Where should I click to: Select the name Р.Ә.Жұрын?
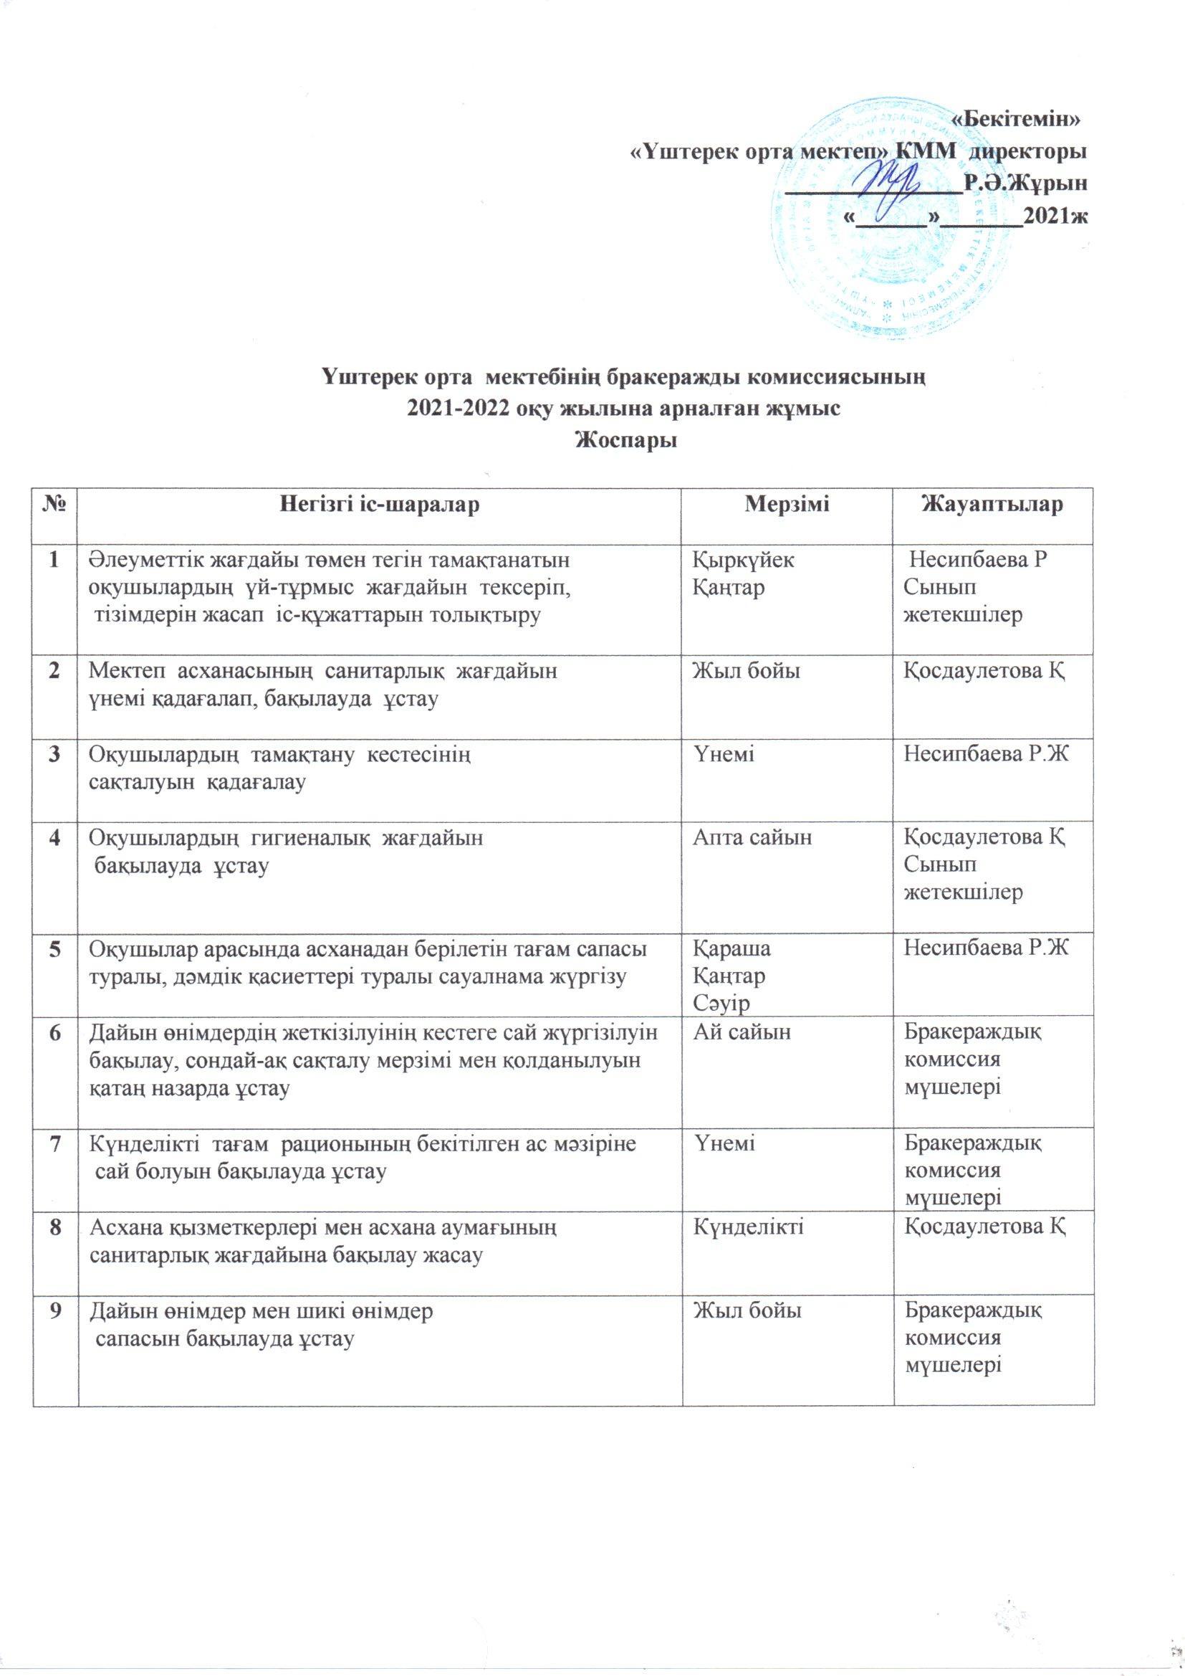[1025, 183]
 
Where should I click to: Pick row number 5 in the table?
[54, 950]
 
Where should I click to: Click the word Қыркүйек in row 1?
[744, 561]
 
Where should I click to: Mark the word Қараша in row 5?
[730, 950]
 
